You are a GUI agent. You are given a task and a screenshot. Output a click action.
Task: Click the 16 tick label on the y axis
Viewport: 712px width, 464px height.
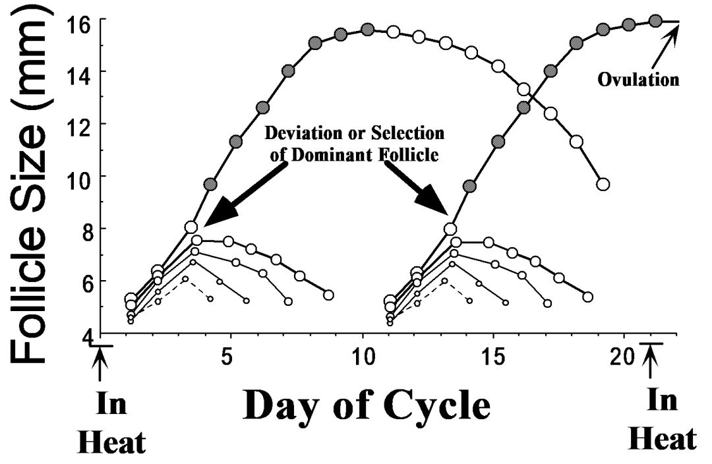point(80,20)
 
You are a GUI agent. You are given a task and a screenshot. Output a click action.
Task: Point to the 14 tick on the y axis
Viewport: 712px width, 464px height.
point(80,71)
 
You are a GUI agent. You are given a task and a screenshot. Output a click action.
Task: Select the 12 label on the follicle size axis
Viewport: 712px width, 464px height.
point(80,124)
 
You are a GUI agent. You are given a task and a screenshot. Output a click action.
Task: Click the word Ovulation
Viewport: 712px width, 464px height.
point(638,80)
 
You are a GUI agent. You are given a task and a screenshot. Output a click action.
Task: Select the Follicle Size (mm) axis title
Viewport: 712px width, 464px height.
point(33,181)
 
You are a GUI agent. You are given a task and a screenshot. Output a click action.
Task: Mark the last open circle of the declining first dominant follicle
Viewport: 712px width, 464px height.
point(602,185)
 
